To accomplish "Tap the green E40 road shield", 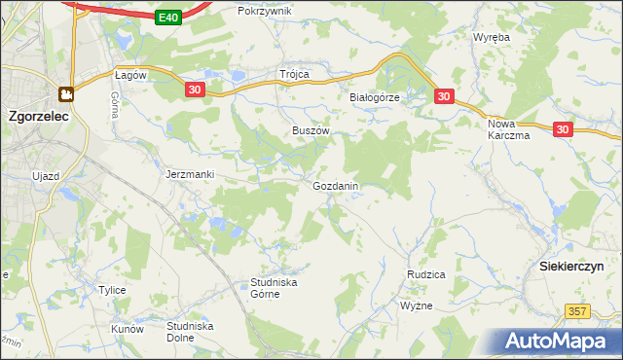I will pyautogui.click(x=167, y=17).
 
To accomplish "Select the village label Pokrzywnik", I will pyautogui.click(x=264, y=11).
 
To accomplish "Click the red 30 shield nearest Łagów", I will pyautogui.click(x=195, y=90).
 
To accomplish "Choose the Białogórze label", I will pyautogui.click(x=375, y=97).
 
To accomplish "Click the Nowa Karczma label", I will pyautogui.click(x=508, y=129).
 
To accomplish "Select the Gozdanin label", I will pyautogui.click(x=336, y=185).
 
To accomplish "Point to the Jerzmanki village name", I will pyautogui.click(x=189, y=174).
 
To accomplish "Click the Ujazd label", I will pyautogui.click(x=46, y=174).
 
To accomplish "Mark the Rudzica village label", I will pyautogui.click(x=425, y=274).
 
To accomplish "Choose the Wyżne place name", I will pyautogui.click(x=416, y=306).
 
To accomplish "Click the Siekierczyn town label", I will pyautogui.click(x=571, y=266).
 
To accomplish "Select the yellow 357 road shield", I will pyautogui.click(x=578, y=310).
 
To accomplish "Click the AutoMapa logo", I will pyautogui.click(x=556, y=342).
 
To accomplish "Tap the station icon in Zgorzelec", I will pyautogui.click(x=66, y=94).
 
